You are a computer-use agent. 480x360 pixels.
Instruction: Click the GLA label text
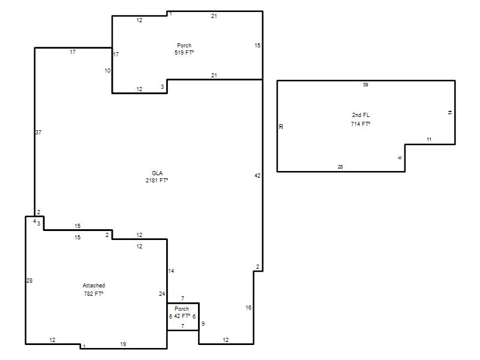[157, 173]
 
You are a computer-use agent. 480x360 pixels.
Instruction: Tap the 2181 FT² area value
[157, 181]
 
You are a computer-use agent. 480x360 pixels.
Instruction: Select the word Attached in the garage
[94, 286]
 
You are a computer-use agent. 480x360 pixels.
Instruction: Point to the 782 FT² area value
[94, 293]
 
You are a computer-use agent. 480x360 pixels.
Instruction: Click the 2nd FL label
[361, 115]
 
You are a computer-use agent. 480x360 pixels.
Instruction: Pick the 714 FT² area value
[361, 124]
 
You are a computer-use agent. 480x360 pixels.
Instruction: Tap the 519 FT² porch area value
[184, 52]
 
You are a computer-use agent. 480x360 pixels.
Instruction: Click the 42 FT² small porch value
[182, 316]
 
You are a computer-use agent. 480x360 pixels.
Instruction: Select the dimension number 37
[38, 132]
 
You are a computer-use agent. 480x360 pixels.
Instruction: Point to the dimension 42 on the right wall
[257, 175]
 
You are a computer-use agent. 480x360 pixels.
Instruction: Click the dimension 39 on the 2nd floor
[365, 85]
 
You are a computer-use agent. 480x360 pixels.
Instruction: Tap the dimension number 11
[429, 139]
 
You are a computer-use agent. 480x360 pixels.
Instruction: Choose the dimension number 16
[248, 307]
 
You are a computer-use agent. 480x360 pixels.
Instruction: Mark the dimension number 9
[203, 323]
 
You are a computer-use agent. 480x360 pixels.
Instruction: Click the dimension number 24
[162, 293]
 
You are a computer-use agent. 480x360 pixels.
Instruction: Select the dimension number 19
[123, 344]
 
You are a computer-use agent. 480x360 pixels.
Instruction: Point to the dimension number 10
[107, 70]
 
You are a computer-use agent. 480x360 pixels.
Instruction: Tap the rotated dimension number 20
[281, 127]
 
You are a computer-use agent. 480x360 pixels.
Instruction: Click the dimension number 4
[35, 221]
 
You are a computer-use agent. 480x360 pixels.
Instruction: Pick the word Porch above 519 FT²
[184, 46]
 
